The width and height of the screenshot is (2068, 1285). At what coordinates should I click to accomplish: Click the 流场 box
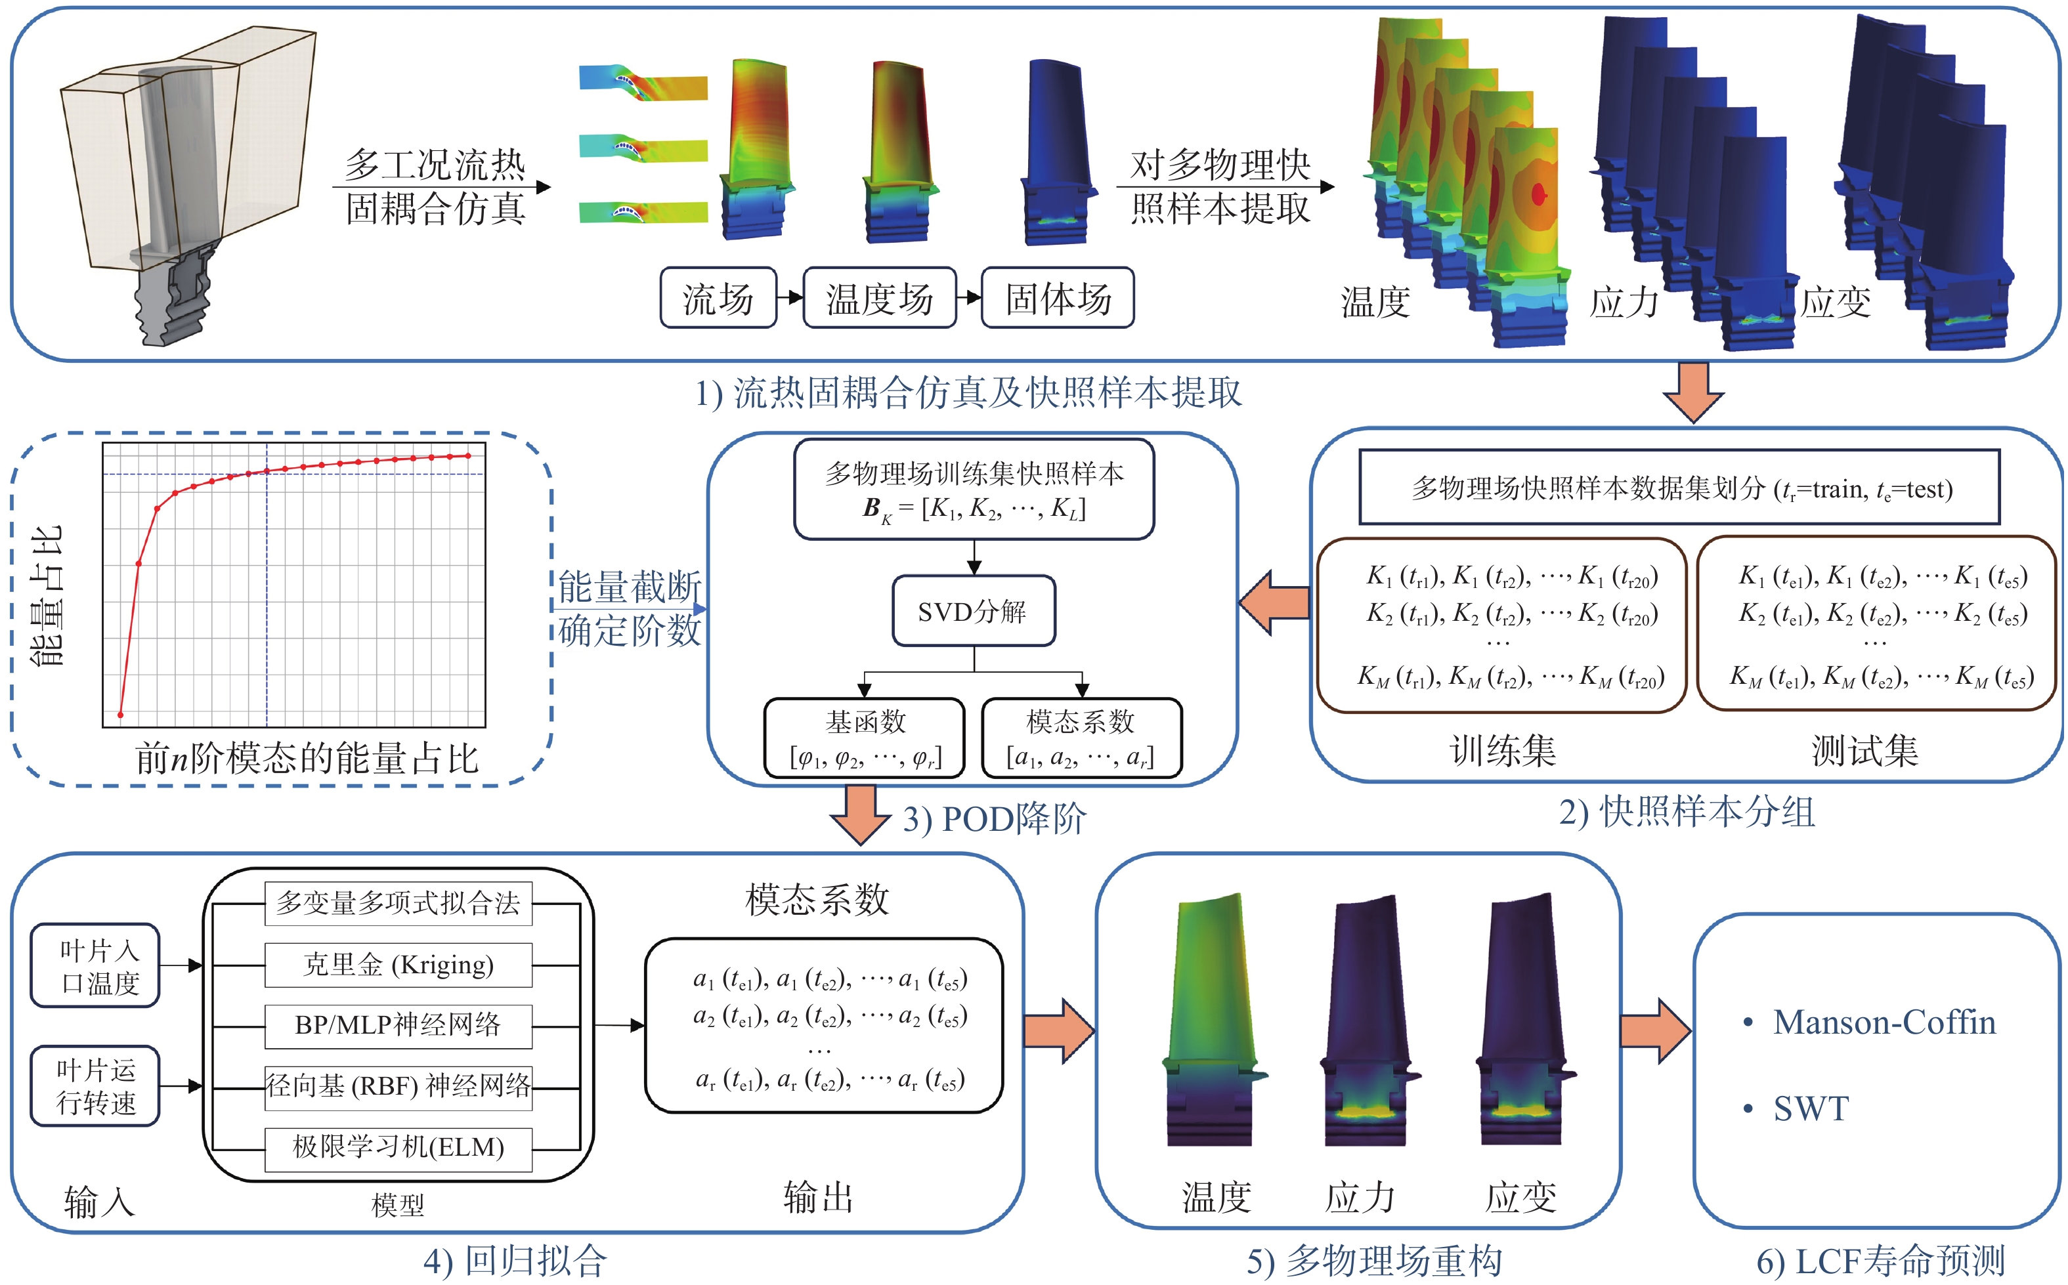point(718,297)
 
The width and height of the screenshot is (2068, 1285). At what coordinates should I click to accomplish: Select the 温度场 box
point(880,297)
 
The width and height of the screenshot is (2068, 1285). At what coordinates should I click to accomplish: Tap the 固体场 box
point(1058,297)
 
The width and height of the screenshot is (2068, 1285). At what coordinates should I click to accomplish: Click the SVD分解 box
point(974,611)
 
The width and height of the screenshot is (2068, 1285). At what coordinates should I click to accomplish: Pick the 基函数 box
point(865,738)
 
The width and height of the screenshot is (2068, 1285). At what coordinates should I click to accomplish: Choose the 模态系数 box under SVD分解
point(1081,738)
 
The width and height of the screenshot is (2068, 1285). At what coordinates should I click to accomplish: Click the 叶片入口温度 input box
point(96,965)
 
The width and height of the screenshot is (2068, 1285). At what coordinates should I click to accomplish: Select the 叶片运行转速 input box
point(96,1086)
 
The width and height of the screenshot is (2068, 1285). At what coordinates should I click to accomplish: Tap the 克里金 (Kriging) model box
point(399,965)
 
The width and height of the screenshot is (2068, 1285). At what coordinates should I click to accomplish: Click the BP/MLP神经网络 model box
point(399,1026)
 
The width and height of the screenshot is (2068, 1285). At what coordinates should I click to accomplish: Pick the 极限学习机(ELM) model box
point(399,1149)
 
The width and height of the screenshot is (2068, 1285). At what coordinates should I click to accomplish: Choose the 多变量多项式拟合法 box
point(399,904)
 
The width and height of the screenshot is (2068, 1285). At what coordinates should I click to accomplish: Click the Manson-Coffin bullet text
point(1884,1022)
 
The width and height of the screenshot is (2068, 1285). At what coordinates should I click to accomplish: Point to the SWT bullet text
point(1811,1109)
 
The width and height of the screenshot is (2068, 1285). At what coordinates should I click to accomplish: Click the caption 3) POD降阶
point(995,819)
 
